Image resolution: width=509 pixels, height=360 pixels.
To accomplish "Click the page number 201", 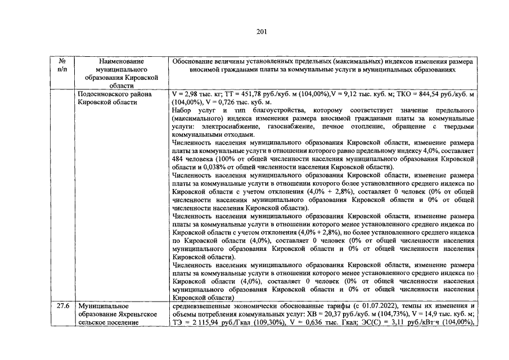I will [x=254, y=31].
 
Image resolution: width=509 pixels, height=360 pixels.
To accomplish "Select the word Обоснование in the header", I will [x=195, y=61].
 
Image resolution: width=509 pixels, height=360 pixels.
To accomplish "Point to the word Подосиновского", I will [x=105, y=94].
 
